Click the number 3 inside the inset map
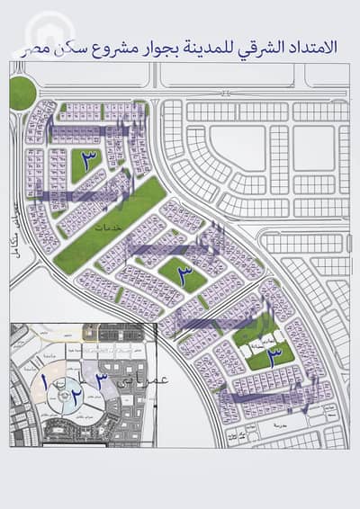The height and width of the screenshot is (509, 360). [103, 382]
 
